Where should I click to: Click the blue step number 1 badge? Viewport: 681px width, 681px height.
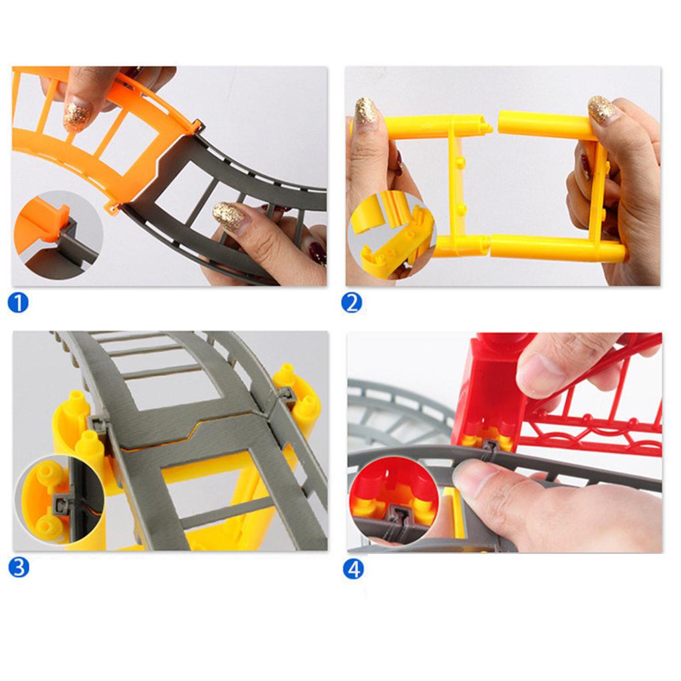pos(19,303)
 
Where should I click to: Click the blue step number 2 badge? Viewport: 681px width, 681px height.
pos(352,303)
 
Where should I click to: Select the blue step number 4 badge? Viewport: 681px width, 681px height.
pos(354,569)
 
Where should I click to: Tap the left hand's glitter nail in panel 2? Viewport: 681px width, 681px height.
pos(366,110)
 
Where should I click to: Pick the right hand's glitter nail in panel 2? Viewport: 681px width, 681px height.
pos(601,108)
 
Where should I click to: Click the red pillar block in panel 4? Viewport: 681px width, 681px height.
pos(489,399)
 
